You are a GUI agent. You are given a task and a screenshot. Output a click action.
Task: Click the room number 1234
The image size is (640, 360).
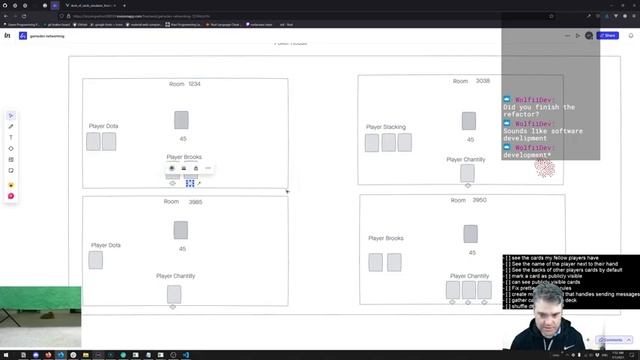coord(194,84)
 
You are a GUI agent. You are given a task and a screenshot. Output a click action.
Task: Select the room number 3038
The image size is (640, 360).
coord(483,81)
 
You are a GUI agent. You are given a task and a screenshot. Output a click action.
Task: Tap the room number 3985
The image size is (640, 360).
coord(195,202)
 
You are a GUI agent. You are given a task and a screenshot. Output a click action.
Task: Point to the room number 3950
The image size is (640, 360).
coord(480,200)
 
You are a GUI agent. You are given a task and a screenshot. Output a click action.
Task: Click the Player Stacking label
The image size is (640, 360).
coord(386,127)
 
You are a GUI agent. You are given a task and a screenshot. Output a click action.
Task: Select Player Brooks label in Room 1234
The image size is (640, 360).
coord(184,157)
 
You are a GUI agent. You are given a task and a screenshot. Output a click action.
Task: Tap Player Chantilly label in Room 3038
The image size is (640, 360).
coord(466,159)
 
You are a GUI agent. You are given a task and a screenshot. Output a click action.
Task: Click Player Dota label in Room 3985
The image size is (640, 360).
coord(106,245)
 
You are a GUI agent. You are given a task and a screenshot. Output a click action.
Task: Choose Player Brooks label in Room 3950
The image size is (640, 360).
coord(386,238)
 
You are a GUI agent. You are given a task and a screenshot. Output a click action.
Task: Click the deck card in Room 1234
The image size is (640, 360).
coord(181,120)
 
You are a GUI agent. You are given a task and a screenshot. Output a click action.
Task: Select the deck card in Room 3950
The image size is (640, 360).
coord(470,233)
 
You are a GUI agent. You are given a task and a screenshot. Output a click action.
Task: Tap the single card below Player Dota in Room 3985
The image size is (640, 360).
coord(96,260)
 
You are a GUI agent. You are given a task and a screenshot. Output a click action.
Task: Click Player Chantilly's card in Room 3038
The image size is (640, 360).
coord(467,173)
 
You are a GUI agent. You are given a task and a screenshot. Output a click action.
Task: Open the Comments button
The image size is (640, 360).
coord(612,340)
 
